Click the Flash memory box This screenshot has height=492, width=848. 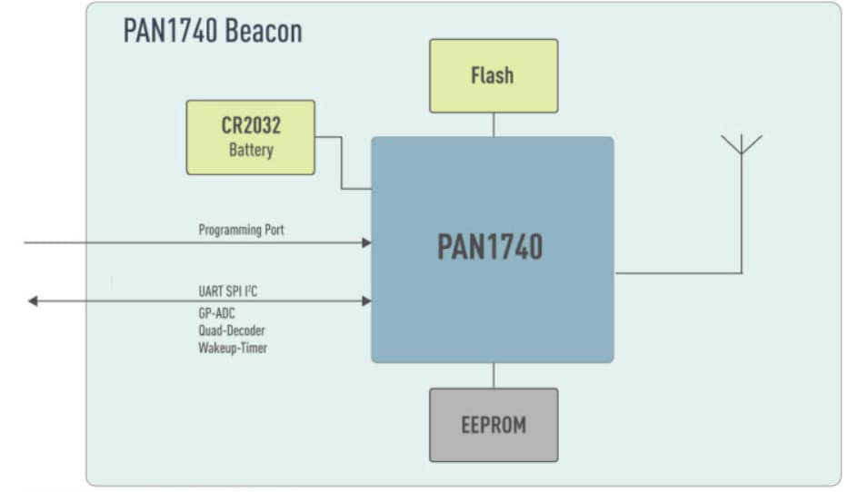pyautogui.click(x=494, y=75)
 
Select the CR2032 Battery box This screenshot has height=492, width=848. pyautogui.click(x=250, y=137)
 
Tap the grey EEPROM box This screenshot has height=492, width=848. pyautogui.click(x=494, y=425)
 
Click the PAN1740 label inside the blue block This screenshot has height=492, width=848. pyautogui.click(x=490, y=247)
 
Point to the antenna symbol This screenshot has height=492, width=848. pyautogui.click(x=742, y=145)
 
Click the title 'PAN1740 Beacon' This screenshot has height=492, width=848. pyautogui.click(x=213, y=32)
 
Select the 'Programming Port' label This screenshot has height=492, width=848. pyautogui.click(x=241, y=231)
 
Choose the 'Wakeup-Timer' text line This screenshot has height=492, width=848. pyautogui.click(x=233, y=347)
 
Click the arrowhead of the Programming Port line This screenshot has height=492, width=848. pyautogui.click(x=366, y=242)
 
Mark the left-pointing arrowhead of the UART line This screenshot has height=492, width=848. pyautogui.click(x=33, y=300)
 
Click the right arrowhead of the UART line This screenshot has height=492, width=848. pyautogui.click(x=366, y=300)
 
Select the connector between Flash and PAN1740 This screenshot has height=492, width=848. pyautogui.click(x=494, y=125)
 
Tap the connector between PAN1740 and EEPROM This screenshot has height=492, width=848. pyautogui.click(x=494, y=375)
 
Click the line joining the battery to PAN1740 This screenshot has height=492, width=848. pyautogui.click(x=342, y=163)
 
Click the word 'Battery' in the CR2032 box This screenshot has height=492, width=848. pyautogui.click(x=250, y=150)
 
